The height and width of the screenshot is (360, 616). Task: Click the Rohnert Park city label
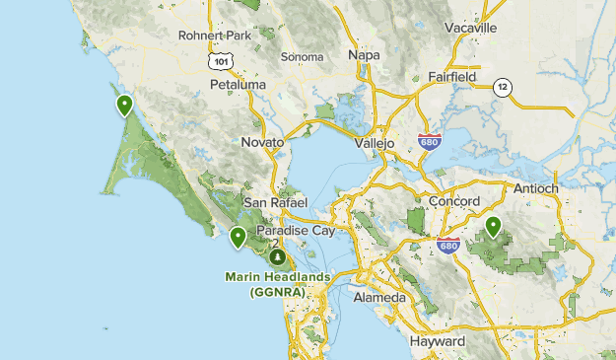(215, 36)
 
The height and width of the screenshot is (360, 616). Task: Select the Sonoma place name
(302, 57)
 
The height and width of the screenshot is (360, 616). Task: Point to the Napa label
(364, 55)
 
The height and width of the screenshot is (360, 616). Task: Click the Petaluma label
(238, 85)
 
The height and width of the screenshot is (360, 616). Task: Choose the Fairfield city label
(452, 76)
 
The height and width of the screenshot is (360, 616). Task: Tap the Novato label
(262, 143)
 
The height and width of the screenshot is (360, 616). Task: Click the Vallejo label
(375, 143)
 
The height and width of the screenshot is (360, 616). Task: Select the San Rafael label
(276, 202)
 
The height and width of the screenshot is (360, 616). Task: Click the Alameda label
(378, 297)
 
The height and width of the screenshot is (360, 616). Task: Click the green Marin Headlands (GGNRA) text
(277, 284)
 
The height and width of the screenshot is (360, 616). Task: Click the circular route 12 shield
(504, 87)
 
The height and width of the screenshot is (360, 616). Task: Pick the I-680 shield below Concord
(449, 244)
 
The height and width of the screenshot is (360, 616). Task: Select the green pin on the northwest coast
(125, 105)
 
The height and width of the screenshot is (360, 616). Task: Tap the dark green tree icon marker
(278, 256)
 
